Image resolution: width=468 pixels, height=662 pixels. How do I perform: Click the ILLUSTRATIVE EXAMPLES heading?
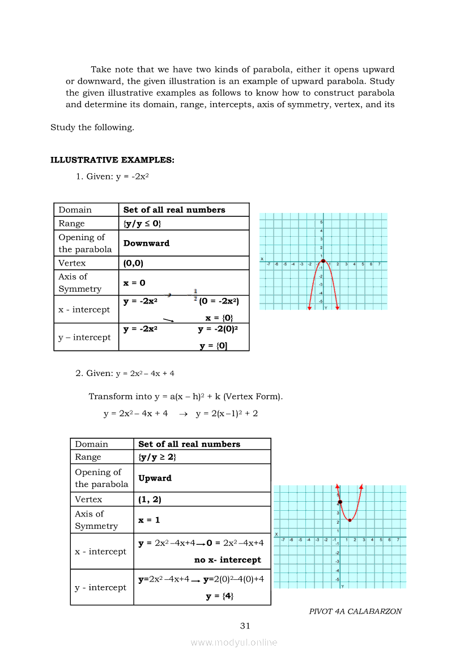[x=112, y=160]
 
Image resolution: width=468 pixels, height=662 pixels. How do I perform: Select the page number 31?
[x=245, y=626]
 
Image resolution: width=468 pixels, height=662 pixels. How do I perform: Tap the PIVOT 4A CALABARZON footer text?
[x=355, y=612]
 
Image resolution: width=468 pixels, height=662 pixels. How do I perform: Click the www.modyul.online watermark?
[x=234, y=642]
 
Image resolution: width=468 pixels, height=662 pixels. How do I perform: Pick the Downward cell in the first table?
[x=146, y=243]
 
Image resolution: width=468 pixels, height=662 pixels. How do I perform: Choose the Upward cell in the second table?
[x=155, y=478]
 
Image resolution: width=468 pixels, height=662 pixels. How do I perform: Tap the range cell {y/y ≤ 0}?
[x=142, y=224]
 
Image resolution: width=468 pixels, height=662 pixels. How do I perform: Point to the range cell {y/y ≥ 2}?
[x=157, y=457]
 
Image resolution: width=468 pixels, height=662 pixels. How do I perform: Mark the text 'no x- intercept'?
[x=228, y=560]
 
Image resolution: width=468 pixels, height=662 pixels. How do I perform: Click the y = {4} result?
[x=220, y=596]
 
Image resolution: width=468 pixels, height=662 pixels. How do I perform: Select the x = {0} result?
[x=219, y=318]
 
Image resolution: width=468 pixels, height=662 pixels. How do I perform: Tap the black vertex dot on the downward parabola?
[x=323, y=261]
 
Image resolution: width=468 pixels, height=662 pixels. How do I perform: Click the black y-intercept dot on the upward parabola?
[x=340, y=502]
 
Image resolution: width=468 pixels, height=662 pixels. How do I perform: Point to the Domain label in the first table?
[x=75, y=210]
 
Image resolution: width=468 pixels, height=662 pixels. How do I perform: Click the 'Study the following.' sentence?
[x=92, y=127]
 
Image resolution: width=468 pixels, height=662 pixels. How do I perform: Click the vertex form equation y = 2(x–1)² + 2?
[x=227, y=414]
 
